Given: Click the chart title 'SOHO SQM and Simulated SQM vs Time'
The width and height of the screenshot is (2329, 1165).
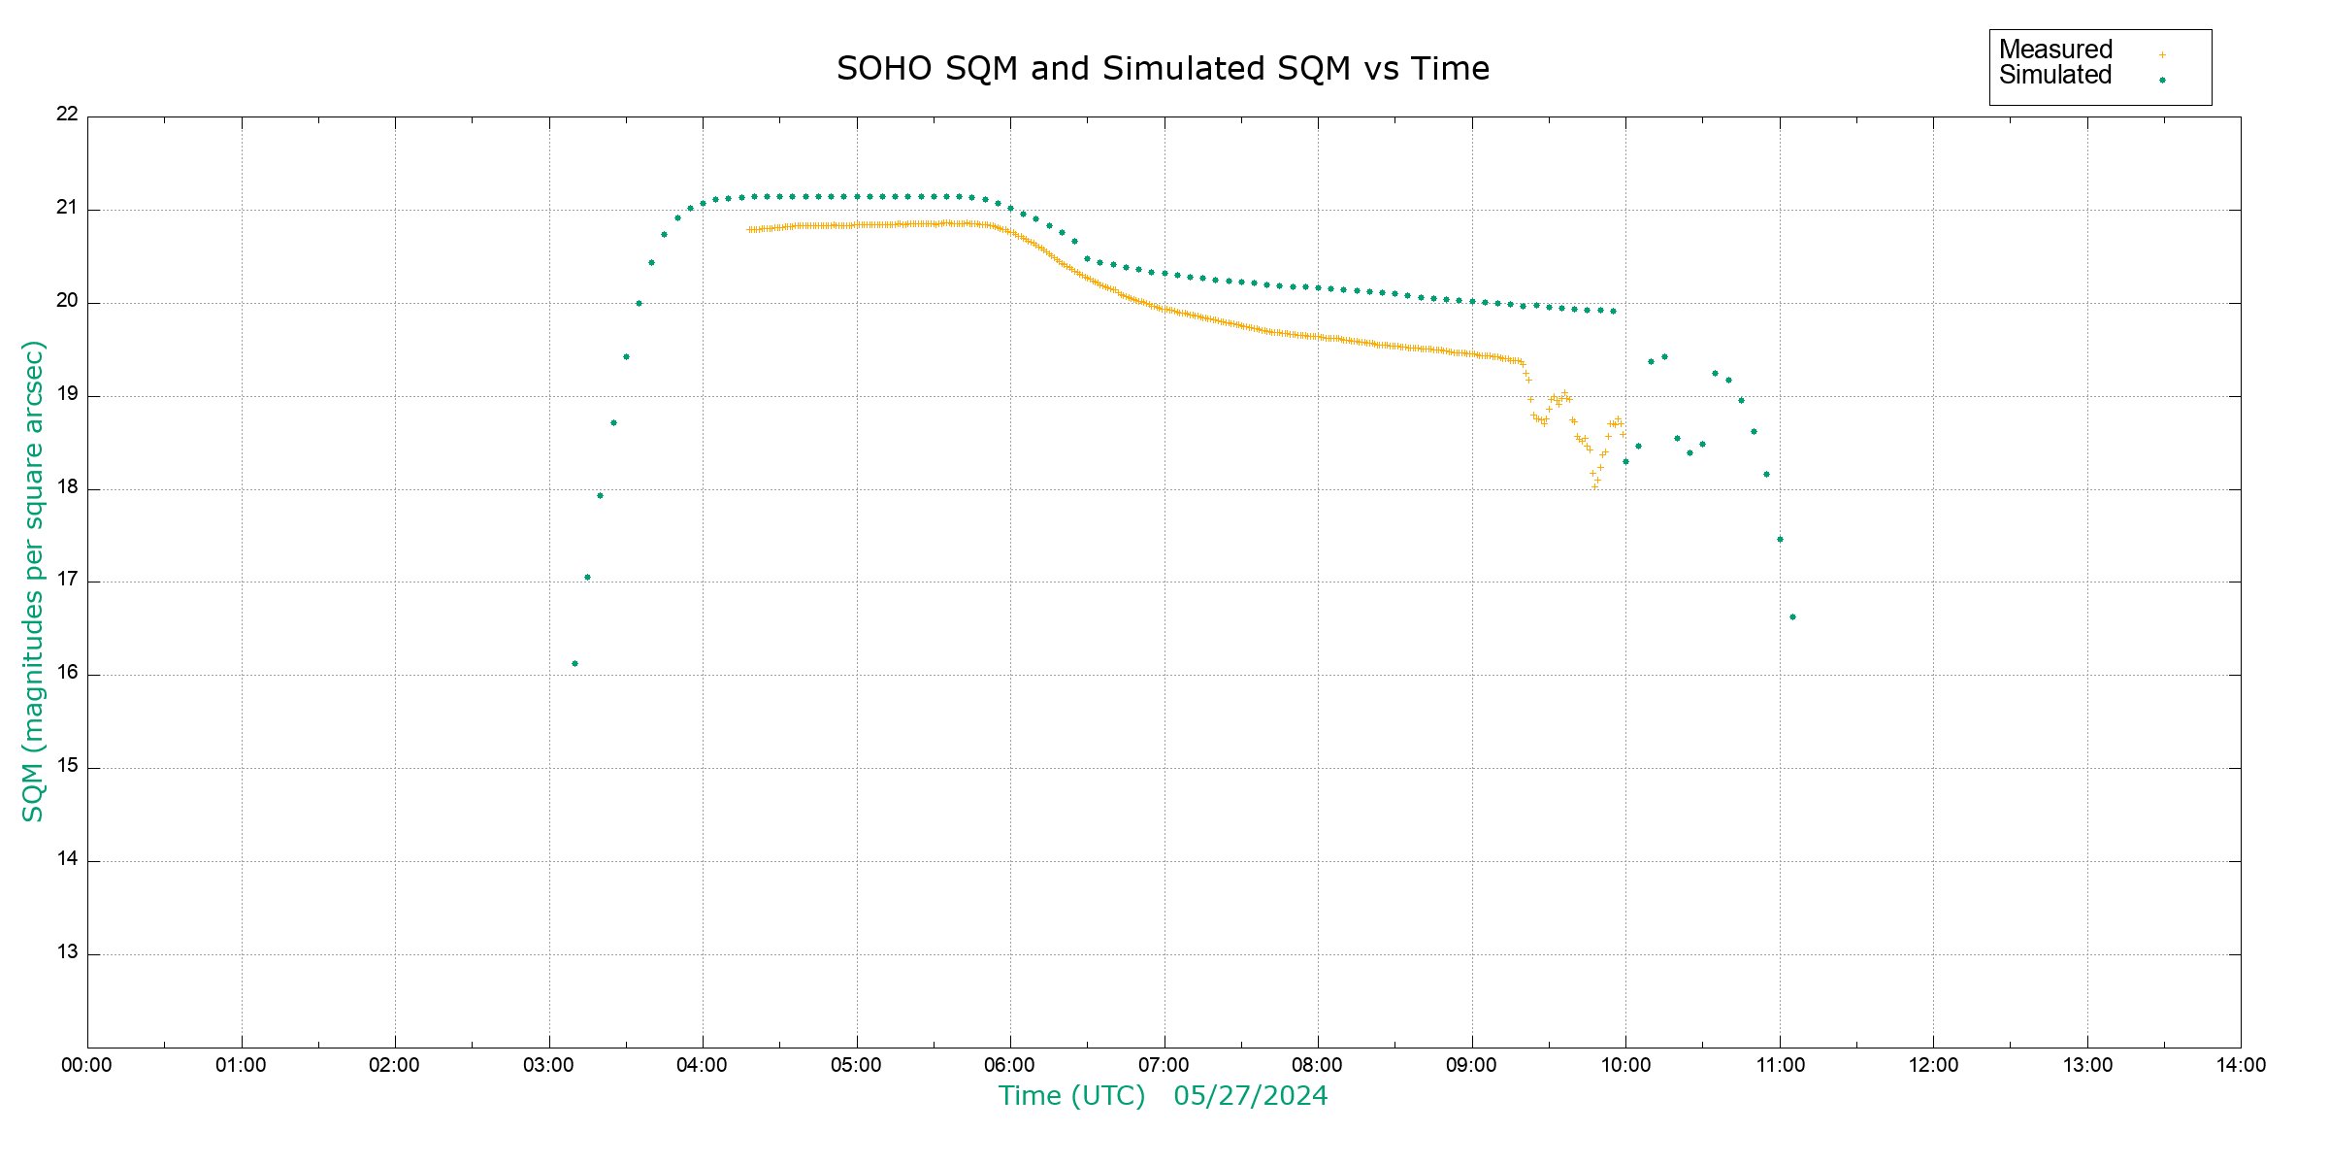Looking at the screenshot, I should point(1163,69).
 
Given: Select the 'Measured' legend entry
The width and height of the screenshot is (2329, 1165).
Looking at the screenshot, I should point(2055,50).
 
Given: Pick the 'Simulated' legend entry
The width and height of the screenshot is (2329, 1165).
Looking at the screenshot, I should point(2055,76).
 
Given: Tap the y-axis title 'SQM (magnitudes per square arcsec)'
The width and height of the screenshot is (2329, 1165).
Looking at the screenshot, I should point(34,581).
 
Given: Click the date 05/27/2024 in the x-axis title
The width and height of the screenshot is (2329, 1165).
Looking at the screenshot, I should point(1250,1096).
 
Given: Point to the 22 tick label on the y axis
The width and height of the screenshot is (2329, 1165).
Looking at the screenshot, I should point(67,114).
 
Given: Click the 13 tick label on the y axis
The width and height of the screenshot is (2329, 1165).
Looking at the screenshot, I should point(67,952).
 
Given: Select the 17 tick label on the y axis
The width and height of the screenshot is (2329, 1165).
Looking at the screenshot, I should point(67,580).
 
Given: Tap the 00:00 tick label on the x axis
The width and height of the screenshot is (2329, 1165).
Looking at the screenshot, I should point(87,1065).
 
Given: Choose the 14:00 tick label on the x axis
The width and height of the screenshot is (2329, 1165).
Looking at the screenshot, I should point(2241,1065).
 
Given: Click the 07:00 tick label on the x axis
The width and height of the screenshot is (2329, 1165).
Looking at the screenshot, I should point(1164,1065).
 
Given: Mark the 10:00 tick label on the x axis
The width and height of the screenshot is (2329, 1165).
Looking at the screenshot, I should point(1625,1065).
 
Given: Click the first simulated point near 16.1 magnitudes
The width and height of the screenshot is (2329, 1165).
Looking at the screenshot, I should point(574,664).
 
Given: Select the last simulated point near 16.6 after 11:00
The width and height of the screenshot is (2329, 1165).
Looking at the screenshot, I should point(1792,617).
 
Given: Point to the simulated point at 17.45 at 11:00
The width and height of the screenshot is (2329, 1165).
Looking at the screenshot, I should point(1780,540).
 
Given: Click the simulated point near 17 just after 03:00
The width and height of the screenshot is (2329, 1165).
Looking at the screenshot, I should point(587,578).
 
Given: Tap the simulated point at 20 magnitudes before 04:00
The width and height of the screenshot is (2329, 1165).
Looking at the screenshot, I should point(639,304).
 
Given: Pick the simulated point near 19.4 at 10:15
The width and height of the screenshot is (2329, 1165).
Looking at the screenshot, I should point(1664,357).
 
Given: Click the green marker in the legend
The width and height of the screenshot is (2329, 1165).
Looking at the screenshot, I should point(2162,81).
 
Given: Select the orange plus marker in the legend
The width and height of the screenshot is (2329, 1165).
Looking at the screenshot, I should point(2162,55).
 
